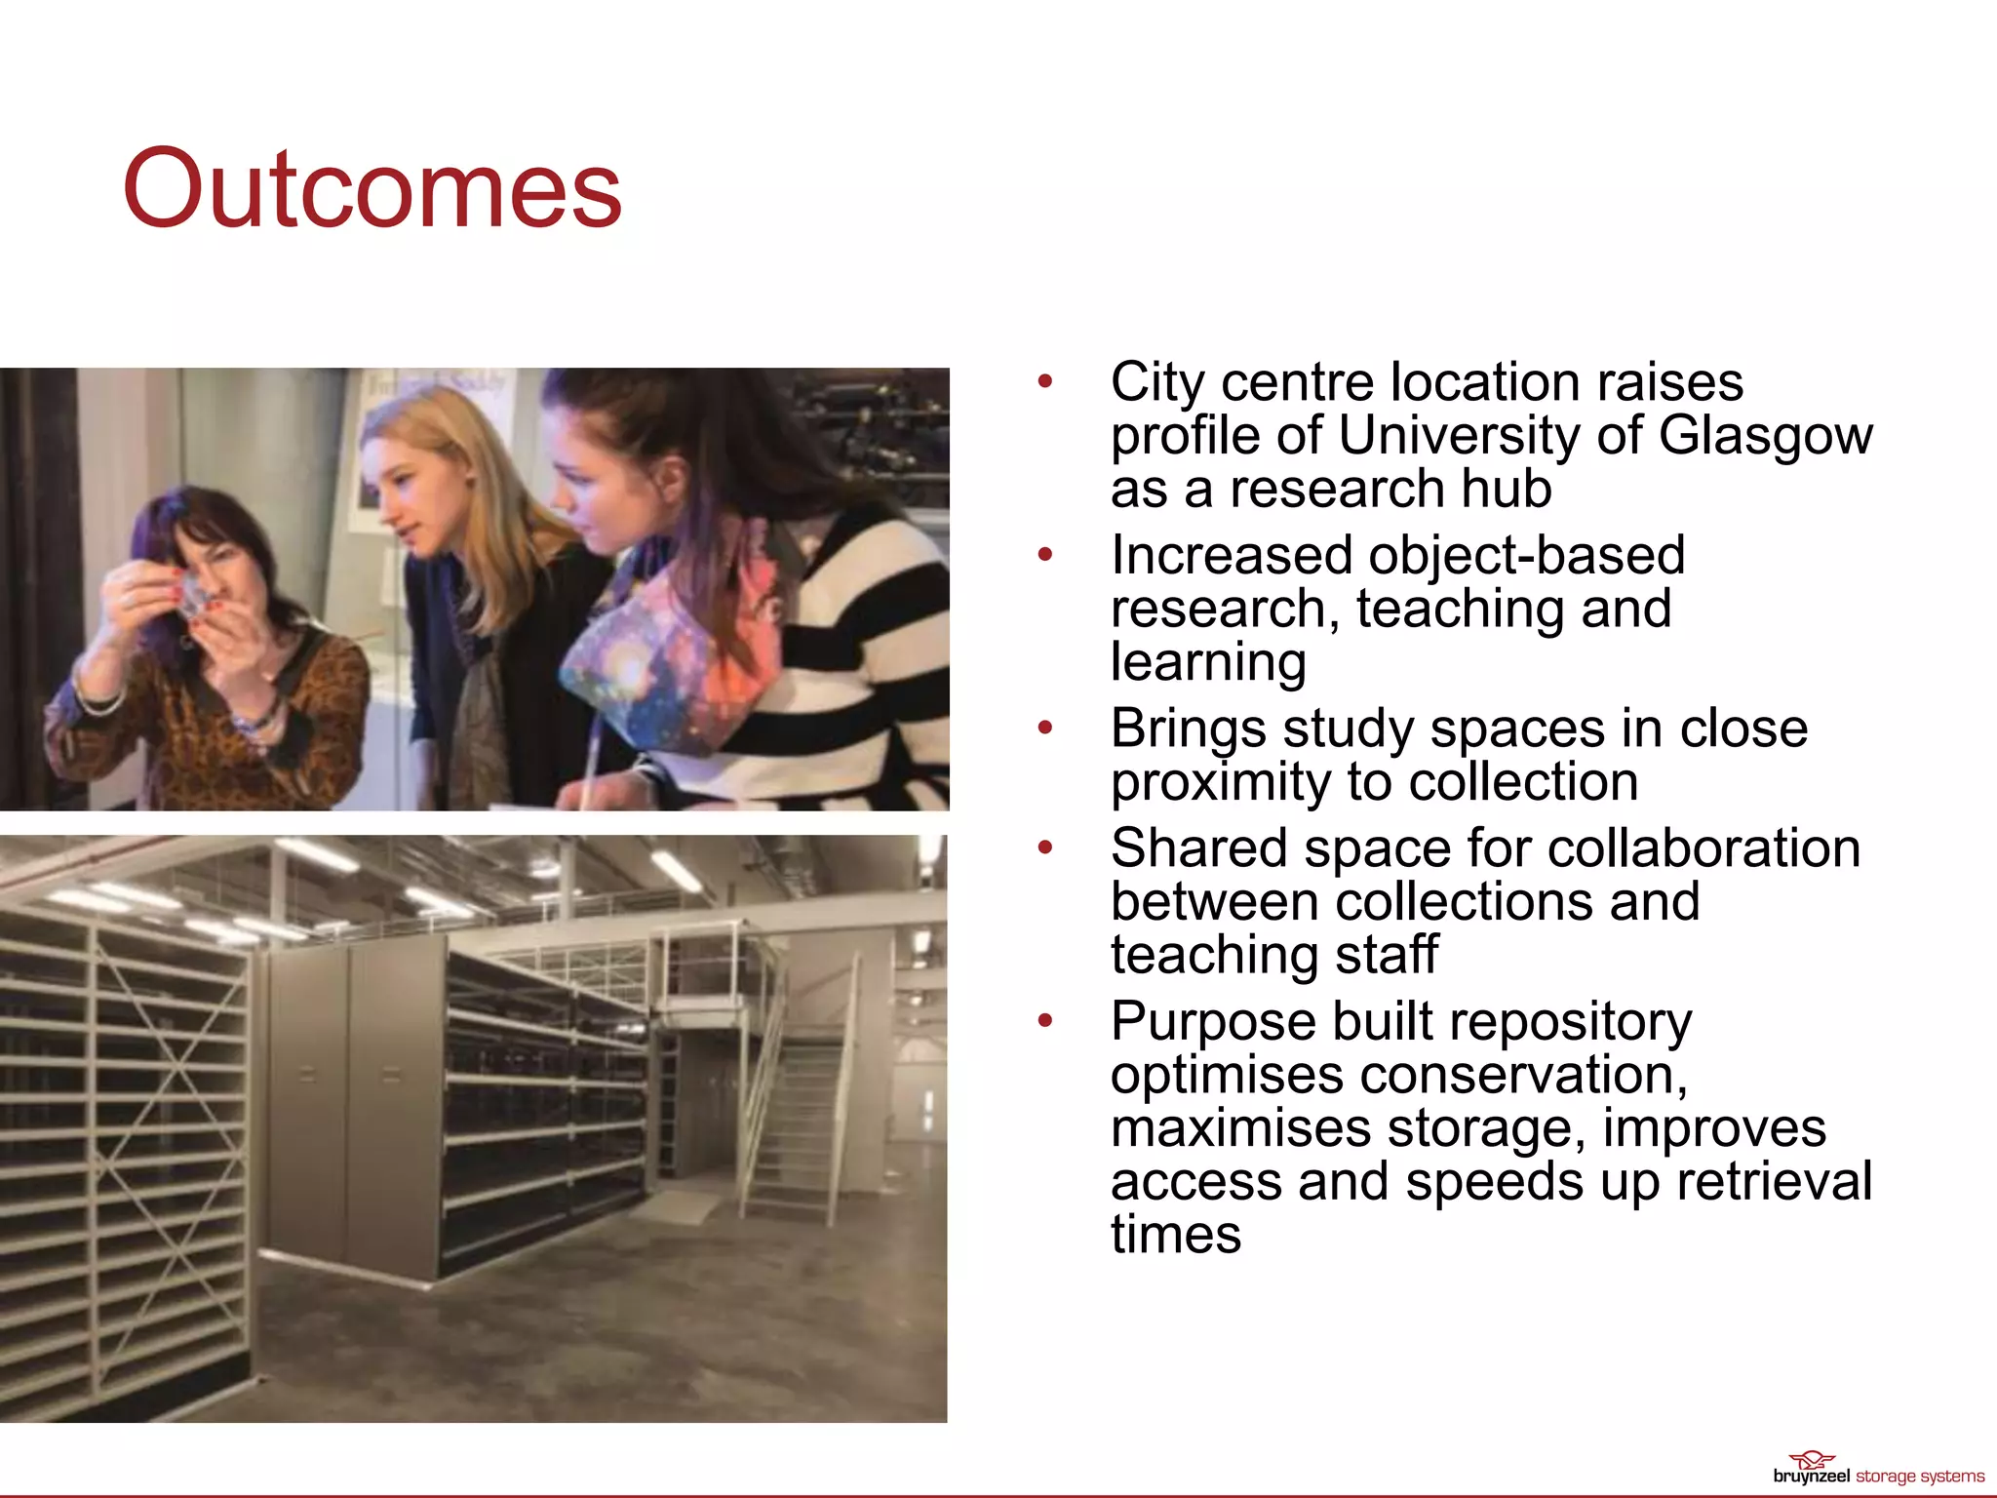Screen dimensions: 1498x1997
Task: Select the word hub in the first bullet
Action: click(x=1507, y=489)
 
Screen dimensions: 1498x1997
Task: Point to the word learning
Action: click(x=1208, y=662)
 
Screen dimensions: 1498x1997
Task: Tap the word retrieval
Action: click(x=1774, y=1181)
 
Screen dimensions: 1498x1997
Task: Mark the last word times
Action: click(x=1175, y=1235)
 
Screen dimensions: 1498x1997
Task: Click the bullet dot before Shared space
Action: click(x=1045, y=848)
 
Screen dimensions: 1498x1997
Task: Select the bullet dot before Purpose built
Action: click(x=1045, y=1021)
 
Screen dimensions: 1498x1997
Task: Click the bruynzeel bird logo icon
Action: click(x=1812, y=1460)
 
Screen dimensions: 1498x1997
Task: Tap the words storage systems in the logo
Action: click(x=1919, y=1477)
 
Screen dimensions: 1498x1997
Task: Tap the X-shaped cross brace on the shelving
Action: click(x=171, y=1083)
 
